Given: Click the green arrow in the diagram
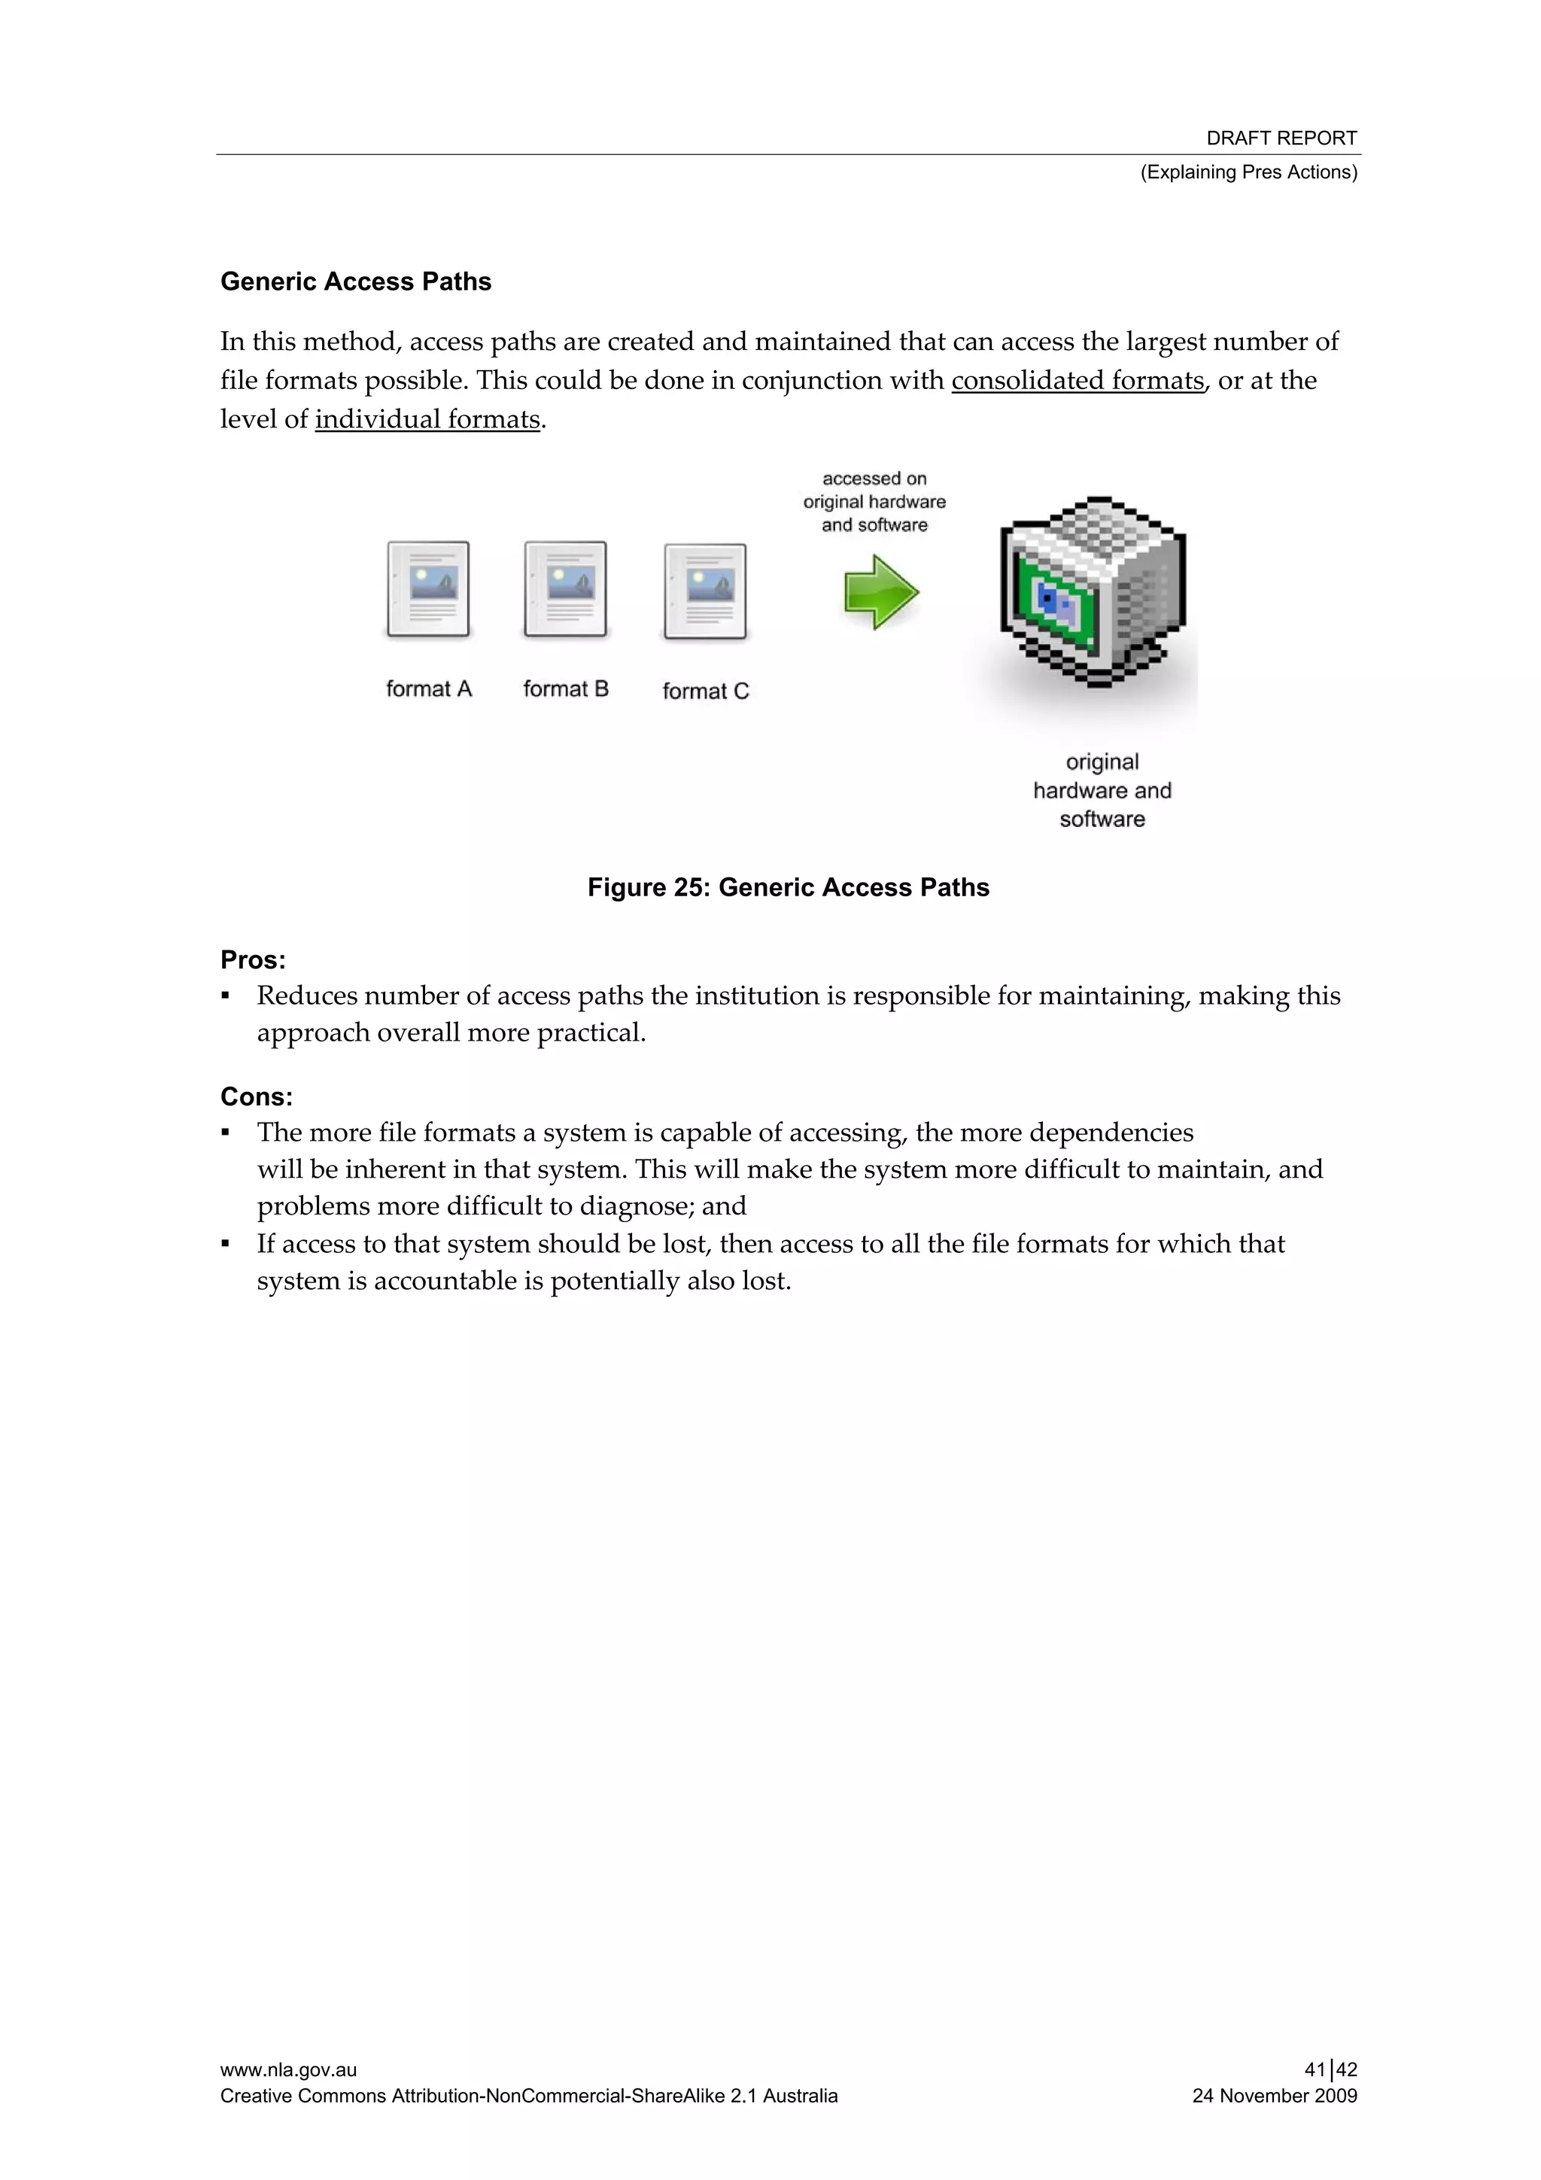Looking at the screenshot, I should [x=880, y=592].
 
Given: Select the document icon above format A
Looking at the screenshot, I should [x=428, y=588].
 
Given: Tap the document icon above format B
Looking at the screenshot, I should [x=565, y=588].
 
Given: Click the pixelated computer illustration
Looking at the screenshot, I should [x=1092, y=591].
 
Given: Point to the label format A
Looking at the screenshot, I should [x=428, y=689].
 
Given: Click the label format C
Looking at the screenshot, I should [x=706, y=692].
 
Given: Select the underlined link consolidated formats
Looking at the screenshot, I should [x=1077, y=381].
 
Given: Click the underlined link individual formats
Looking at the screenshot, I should [x=427, y=420].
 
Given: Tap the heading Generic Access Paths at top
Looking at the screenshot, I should [x=356, y=282].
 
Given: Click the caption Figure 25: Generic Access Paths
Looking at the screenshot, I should [x=788, y=888].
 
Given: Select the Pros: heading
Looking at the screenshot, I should [x=253, y=960].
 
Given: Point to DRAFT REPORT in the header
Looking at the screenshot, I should [x=1281, y=138].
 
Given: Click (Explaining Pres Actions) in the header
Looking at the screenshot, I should [x=1248, y=172].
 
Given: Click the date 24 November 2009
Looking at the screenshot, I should [x=1274, y=2096].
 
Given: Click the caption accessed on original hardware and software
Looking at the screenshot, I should [x=874, y=501].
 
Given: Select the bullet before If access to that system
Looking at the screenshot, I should [x=226, y=1243].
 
